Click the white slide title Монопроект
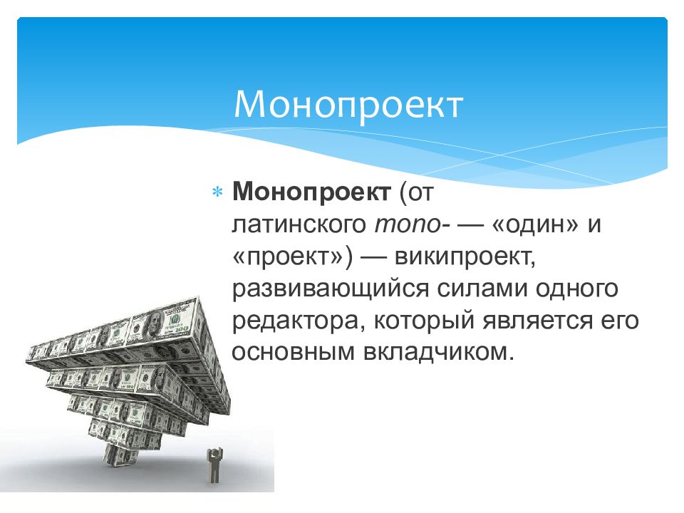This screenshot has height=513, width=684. pyautogui.click(x=348, y=105)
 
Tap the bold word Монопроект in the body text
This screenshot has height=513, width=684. pyautogui.click(x=311, y=191)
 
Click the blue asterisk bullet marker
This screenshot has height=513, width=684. pyautogui.click(x=217, y=192)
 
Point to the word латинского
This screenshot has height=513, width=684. pyautogui.click(x=299, y=224)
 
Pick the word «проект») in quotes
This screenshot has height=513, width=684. pyautogui.click(x=293, y=257)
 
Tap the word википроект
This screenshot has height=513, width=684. pyautogui.click(x=465, y=257)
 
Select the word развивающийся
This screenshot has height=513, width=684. pyautogui.click(x=330, y=289)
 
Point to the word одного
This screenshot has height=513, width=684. pyautogui.click(x=577, y=289)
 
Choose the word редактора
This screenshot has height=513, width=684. pyautogui.click(x=298, y=321)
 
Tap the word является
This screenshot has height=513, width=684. pyautogui.click(x=538, y=321)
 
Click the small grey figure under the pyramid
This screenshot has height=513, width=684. pyautogui.click(x=214, y=465)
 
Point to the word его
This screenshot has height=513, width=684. pyautogui.click(x=621, y=321)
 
